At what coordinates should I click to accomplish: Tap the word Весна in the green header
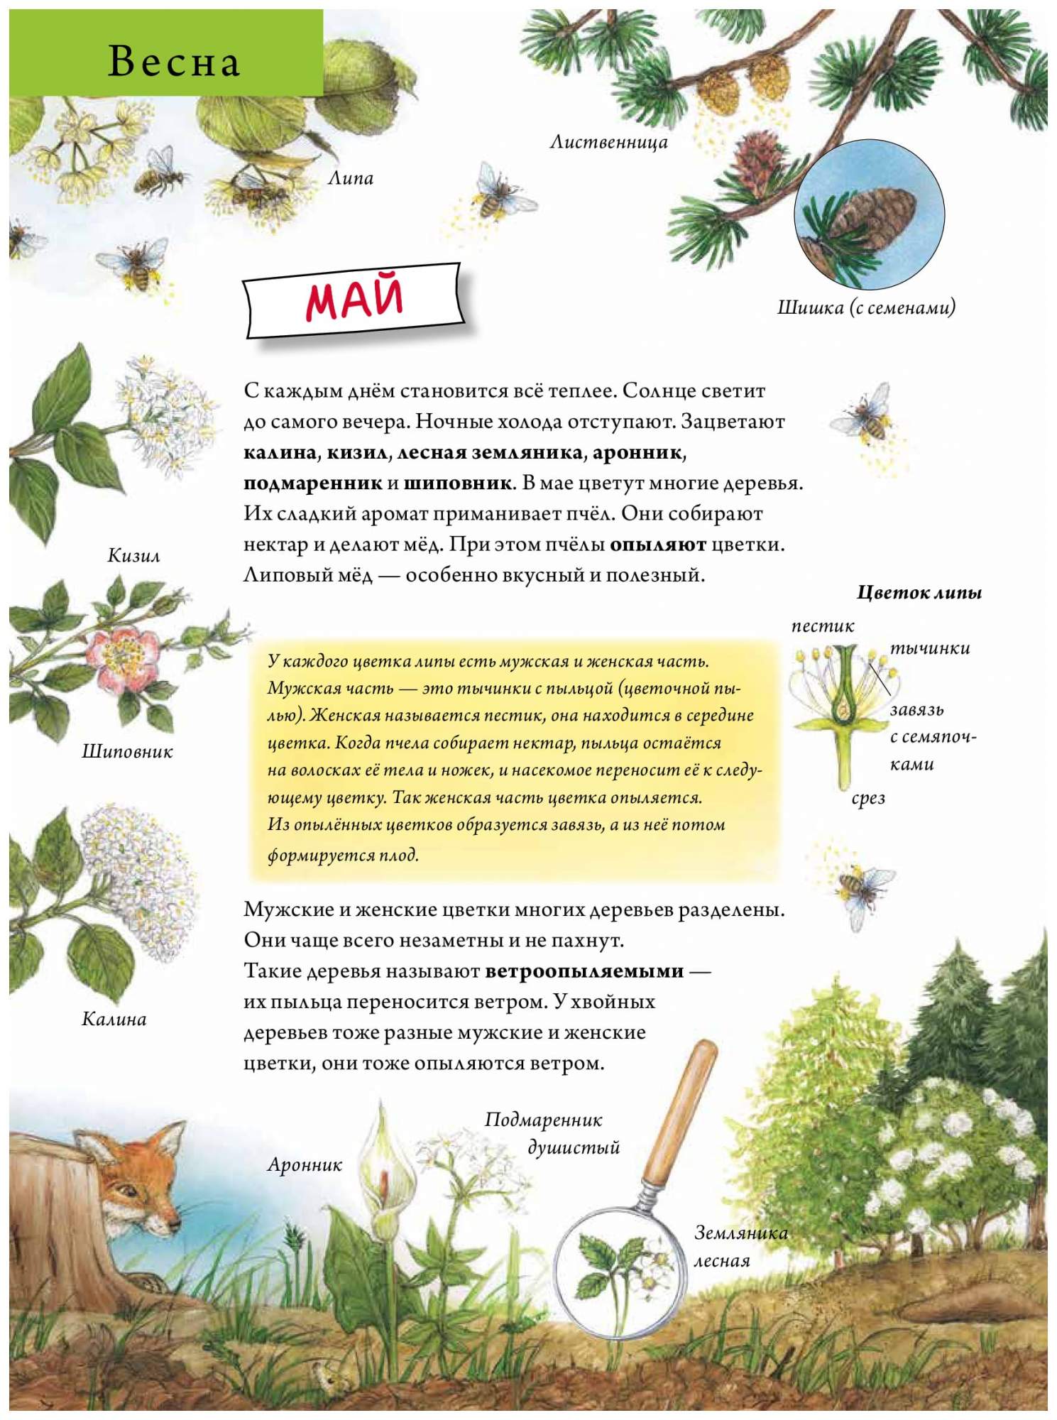point(174,61)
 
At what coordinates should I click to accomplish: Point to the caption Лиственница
point(608,143)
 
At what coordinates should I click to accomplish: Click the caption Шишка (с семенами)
point(866,307)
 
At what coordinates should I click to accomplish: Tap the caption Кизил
point(133,555)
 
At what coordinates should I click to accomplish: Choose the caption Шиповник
point(127,751)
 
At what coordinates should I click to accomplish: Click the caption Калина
point(114,1020)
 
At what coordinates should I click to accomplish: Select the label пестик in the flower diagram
point(822,626)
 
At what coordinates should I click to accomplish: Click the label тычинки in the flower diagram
point(929,648)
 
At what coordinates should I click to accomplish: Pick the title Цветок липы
point(919,592)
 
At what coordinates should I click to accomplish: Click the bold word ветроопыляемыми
point(584,971)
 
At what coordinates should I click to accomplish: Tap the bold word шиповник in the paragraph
point(457,484)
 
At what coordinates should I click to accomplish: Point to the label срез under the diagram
point(868,798)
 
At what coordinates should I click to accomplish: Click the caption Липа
point(350,178)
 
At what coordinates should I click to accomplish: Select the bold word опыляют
point(657,545)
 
